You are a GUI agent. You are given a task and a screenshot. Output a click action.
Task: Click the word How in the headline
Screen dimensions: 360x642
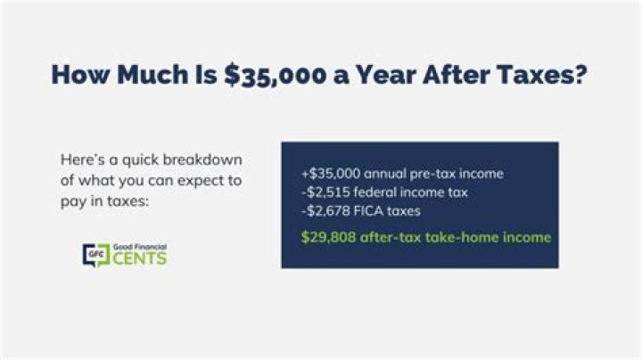[x=80, y=75]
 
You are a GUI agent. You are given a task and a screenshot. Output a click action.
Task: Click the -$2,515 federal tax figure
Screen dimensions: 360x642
[x=325, y=192]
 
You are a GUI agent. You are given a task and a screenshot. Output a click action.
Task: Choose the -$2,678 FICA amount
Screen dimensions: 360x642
[x=325, y=210]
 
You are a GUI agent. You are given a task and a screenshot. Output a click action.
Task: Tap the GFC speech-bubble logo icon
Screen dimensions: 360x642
[x=92, y=255]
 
